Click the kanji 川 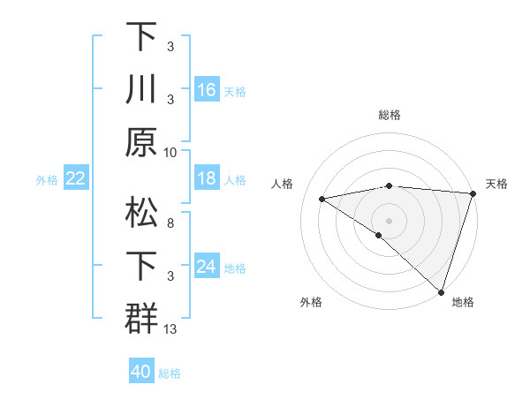click(141, 91)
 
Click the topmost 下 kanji click(141, 38)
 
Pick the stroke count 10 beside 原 click(170, 152)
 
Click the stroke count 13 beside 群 click(170, 328)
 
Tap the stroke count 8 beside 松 click(170, 223)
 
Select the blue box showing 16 click(207, 90)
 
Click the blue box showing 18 click(207, 178)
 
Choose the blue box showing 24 click(207, 267)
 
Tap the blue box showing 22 click(75, 178)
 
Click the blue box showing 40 click(141, 372)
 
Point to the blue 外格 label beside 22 click(47, 180)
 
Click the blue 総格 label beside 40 click(170, 373)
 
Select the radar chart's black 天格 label click(496, 184)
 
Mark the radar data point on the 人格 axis click(322, 199)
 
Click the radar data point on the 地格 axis click(441, 291)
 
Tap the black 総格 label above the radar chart click(389, 115)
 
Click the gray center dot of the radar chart click(389, 219)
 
